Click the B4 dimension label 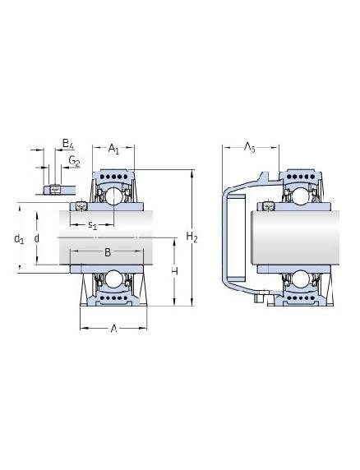67,144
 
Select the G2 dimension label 74,161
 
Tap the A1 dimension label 113,149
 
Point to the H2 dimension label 192,237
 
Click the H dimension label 174,271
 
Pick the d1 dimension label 19,239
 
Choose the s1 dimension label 93,225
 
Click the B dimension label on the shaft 108,252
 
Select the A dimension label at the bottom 113,329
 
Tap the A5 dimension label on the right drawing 249,147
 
